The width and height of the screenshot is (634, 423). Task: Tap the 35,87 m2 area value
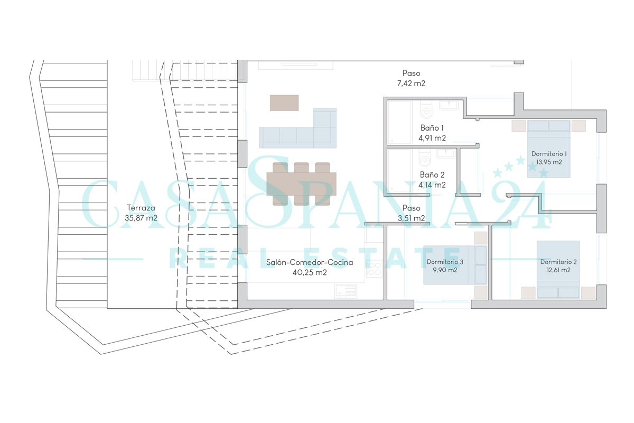pos(141,218)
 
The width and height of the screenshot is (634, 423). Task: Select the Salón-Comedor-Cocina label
pos(309,262)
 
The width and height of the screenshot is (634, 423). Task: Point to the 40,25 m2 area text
pos(309,273)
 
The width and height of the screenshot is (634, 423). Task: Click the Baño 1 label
pos(432,128)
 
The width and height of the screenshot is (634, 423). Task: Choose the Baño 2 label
pos(432,174)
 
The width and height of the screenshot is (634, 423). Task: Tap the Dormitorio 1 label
pos(549,153)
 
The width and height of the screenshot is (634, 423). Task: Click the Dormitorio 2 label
pos(558,262)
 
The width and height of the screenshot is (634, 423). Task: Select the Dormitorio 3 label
pos(445,262)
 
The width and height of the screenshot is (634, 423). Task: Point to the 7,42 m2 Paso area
pos(411,84)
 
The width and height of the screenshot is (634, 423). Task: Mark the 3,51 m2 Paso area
pos(411,218)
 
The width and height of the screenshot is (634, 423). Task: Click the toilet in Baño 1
pos(426,111)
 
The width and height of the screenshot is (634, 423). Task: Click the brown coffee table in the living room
pos(284,103)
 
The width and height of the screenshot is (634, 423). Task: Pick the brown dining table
pos(301,184)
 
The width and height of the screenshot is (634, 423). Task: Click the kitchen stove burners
pos(374,268)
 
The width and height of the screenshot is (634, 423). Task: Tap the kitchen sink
pos(345,290)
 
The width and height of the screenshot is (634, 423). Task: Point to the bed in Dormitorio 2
pos(558,270)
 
